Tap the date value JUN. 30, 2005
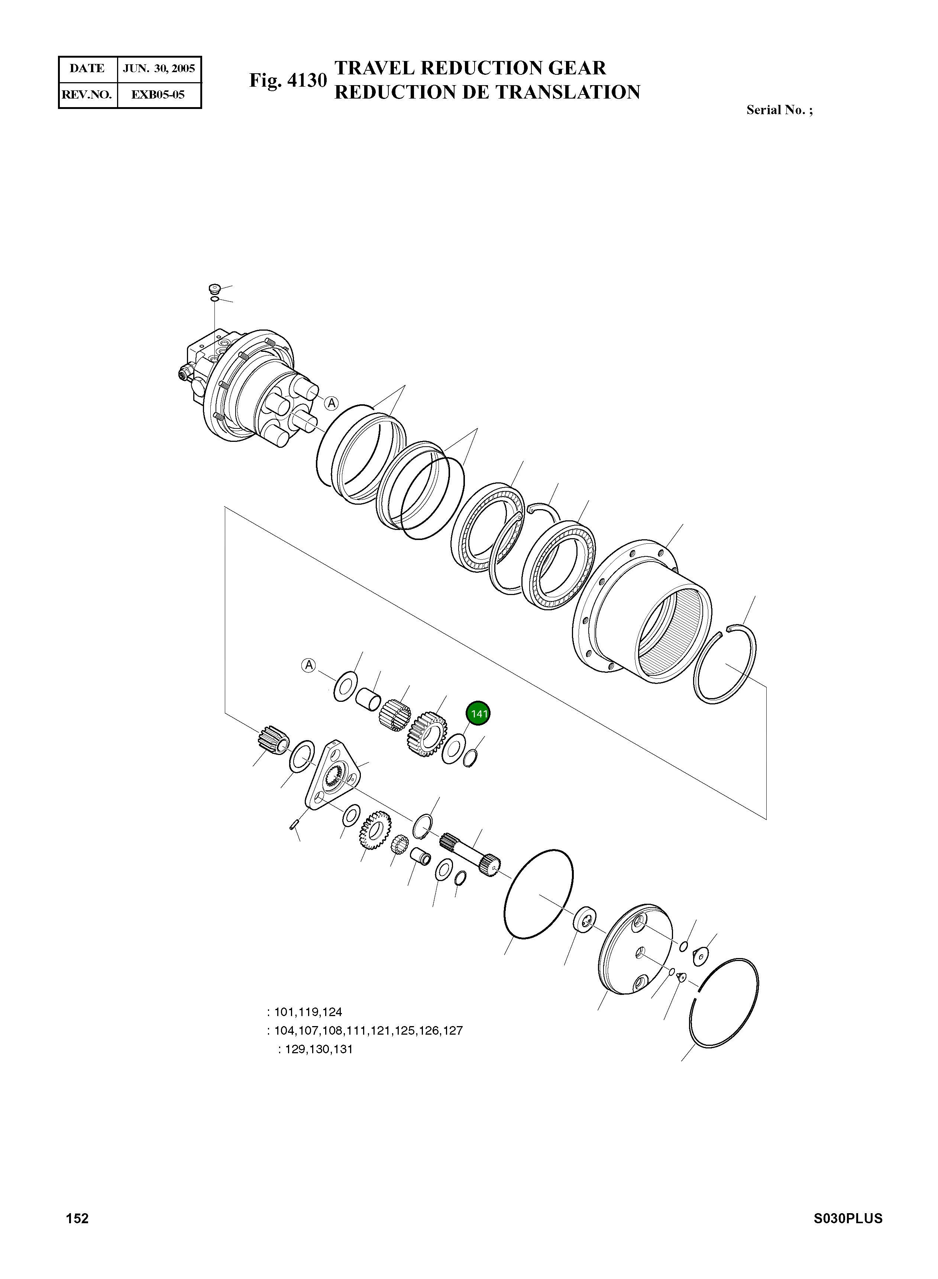tap(159, 69)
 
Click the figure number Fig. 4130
tap(288, 81)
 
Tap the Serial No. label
tap(779, 110)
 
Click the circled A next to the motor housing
tap(331, 404)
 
